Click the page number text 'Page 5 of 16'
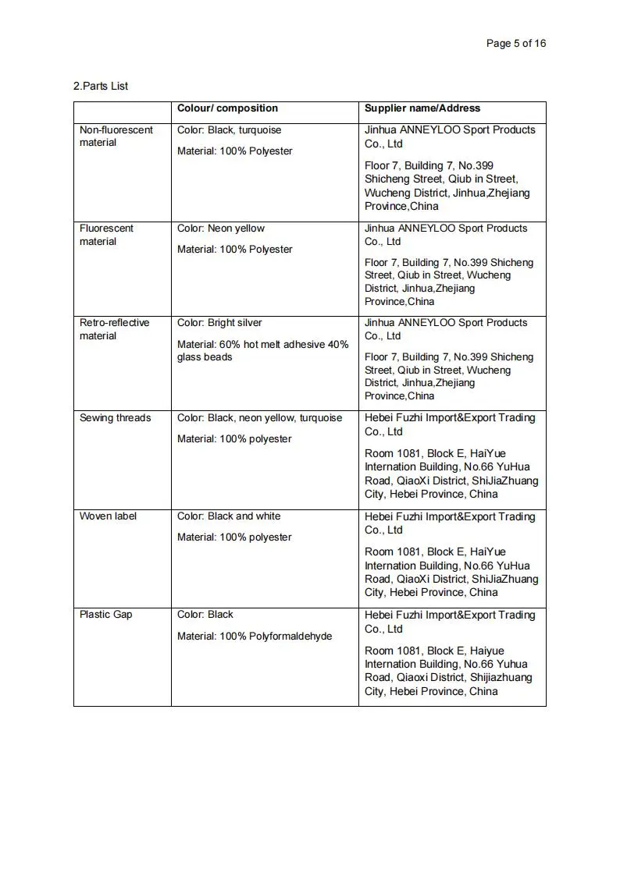(515, 44)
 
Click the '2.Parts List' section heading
(101, 86)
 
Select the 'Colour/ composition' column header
(227, 108)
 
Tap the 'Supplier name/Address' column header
(422, 108)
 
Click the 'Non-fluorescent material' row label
(116, 137)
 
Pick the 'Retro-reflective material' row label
(114, 329)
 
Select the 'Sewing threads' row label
(115, 418)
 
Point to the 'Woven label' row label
(108, 516)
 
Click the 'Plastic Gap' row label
(106, 615)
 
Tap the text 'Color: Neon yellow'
(221, 229)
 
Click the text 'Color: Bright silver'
(219, 323)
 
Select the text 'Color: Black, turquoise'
(229, 130)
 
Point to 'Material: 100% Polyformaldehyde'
(255, 637)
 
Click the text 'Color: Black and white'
(228, 516)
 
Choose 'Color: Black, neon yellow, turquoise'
(259, 418)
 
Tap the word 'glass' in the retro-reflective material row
(189, 357)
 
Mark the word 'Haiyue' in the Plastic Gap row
(487, 651)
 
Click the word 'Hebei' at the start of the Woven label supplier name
(379, 516)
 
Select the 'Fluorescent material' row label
(106, 235)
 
